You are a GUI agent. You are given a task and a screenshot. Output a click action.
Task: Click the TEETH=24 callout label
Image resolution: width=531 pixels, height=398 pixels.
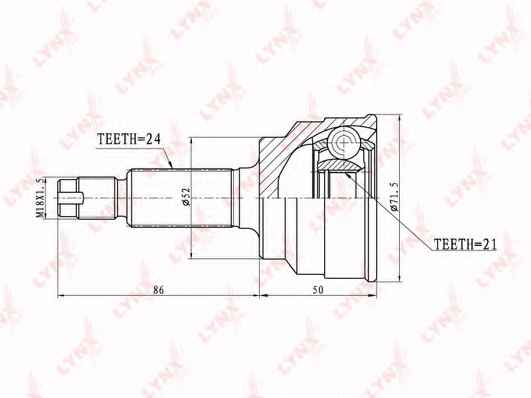click(128, 139)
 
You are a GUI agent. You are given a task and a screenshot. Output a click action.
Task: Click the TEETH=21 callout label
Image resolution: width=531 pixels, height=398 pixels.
click(465, 244)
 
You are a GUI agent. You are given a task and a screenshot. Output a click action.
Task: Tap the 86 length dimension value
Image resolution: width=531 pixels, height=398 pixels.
click(158, 290)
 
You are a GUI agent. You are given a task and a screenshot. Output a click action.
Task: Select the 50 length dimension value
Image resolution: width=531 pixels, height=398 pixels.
click(318, 290)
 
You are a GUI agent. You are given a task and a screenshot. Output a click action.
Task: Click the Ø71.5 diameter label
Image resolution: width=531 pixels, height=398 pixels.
click(395, 196)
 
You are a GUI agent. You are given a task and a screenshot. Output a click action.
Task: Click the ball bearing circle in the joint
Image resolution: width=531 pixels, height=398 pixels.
click(343, 142)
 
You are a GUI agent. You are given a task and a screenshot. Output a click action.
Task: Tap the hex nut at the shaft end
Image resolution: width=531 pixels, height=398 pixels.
click(68, 198)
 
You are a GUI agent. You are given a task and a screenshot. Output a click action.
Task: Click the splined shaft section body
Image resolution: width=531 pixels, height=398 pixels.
click(181, 198)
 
